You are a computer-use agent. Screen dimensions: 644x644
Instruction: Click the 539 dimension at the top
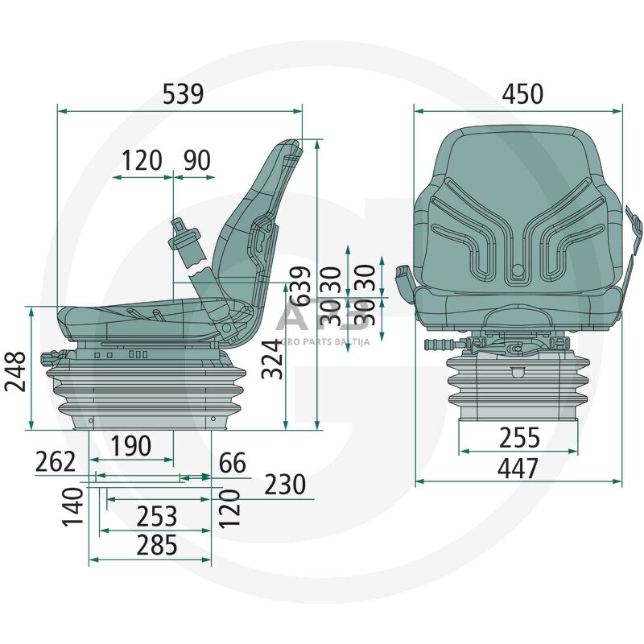click(183, 95)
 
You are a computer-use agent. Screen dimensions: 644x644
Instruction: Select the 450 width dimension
click(522, 94)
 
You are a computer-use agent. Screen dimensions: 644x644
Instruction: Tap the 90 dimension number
click(197, 161)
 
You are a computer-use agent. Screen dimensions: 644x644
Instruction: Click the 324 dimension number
click(275, 360)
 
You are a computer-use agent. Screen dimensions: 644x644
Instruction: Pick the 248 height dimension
click(15, 372)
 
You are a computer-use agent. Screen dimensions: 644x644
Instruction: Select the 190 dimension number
click(130, 445)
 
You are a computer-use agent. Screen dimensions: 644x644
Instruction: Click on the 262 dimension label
click(56, 463)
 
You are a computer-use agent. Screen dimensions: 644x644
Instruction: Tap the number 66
click(232, 463)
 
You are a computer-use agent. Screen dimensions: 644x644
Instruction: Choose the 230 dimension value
click(285, 485)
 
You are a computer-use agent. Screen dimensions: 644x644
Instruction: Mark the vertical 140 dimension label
click(73, 506)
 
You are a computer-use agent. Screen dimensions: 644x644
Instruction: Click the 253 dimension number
click(157, 515)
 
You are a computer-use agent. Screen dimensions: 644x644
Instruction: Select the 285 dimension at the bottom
click(157, 545)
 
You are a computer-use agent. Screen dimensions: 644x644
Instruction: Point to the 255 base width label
click(519, 438)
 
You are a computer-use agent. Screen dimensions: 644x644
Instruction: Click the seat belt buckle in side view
click(187, 241)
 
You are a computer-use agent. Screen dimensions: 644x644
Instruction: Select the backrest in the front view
click(518, 209)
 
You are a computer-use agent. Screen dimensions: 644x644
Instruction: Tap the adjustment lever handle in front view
click(439, 345)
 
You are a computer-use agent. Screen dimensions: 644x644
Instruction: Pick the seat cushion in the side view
click(137, 314)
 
